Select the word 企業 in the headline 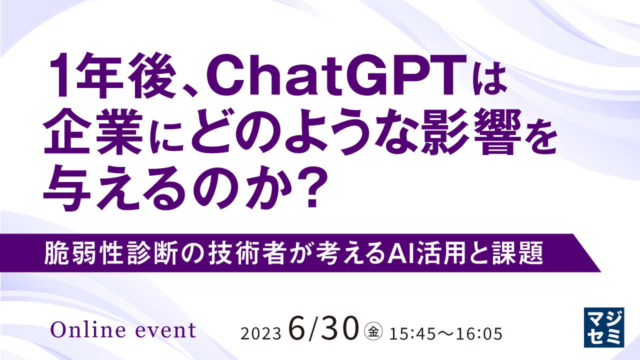tap(93, 132)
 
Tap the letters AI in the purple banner tap(400, 253)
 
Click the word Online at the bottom tap(87, 329)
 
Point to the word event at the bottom tap(165, 331)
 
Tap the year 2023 tap(261, 333)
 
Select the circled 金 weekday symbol tap(373, 332)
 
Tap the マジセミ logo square tap(604, 327)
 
